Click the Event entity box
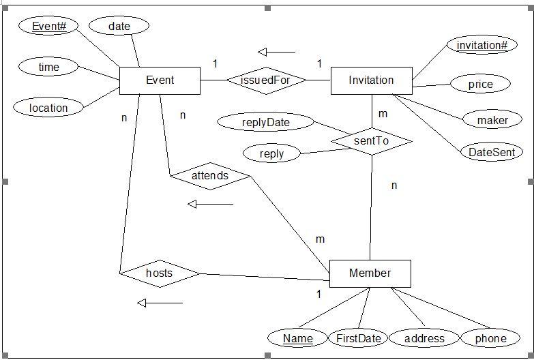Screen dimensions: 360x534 160,80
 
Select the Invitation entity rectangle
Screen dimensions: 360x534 371,80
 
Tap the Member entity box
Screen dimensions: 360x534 370,273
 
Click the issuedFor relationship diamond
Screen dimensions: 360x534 266,80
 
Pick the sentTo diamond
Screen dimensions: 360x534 371,141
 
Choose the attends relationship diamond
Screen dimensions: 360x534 210,176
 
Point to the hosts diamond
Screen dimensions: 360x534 160,273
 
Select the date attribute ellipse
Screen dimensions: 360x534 119,26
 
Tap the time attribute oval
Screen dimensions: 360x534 48,67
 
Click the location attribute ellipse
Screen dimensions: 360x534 48,107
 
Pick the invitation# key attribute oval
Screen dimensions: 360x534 482,45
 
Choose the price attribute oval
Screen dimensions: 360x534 480,84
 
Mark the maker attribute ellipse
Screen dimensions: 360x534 492,120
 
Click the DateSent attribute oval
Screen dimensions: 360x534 491,152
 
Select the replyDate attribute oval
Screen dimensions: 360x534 265,123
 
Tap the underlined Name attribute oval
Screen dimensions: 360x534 298,338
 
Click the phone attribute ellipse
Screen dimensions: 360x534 490,338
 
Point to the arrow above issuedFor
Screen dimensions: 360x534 276,52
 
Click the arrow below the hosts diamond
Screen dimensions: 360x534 160,303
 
